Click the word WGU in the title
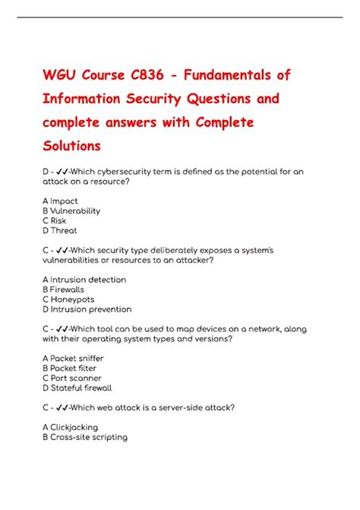click(62, 76)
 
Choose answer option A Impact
click(60, 201)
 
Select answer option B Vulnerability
click(71, 211)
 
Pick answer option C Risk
click(55, 221)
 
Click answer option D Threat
click(60, 231)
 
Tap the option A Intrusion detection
click(84, 280)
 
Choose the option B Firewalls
click(63, 290)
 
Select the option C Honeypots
click(68, 299)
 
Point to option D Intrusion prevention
click(87, 309)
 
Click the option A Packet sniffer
click(73, 358)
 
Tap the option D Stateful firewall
click(77, 388)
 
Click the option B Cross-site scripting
click(85, 437)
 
